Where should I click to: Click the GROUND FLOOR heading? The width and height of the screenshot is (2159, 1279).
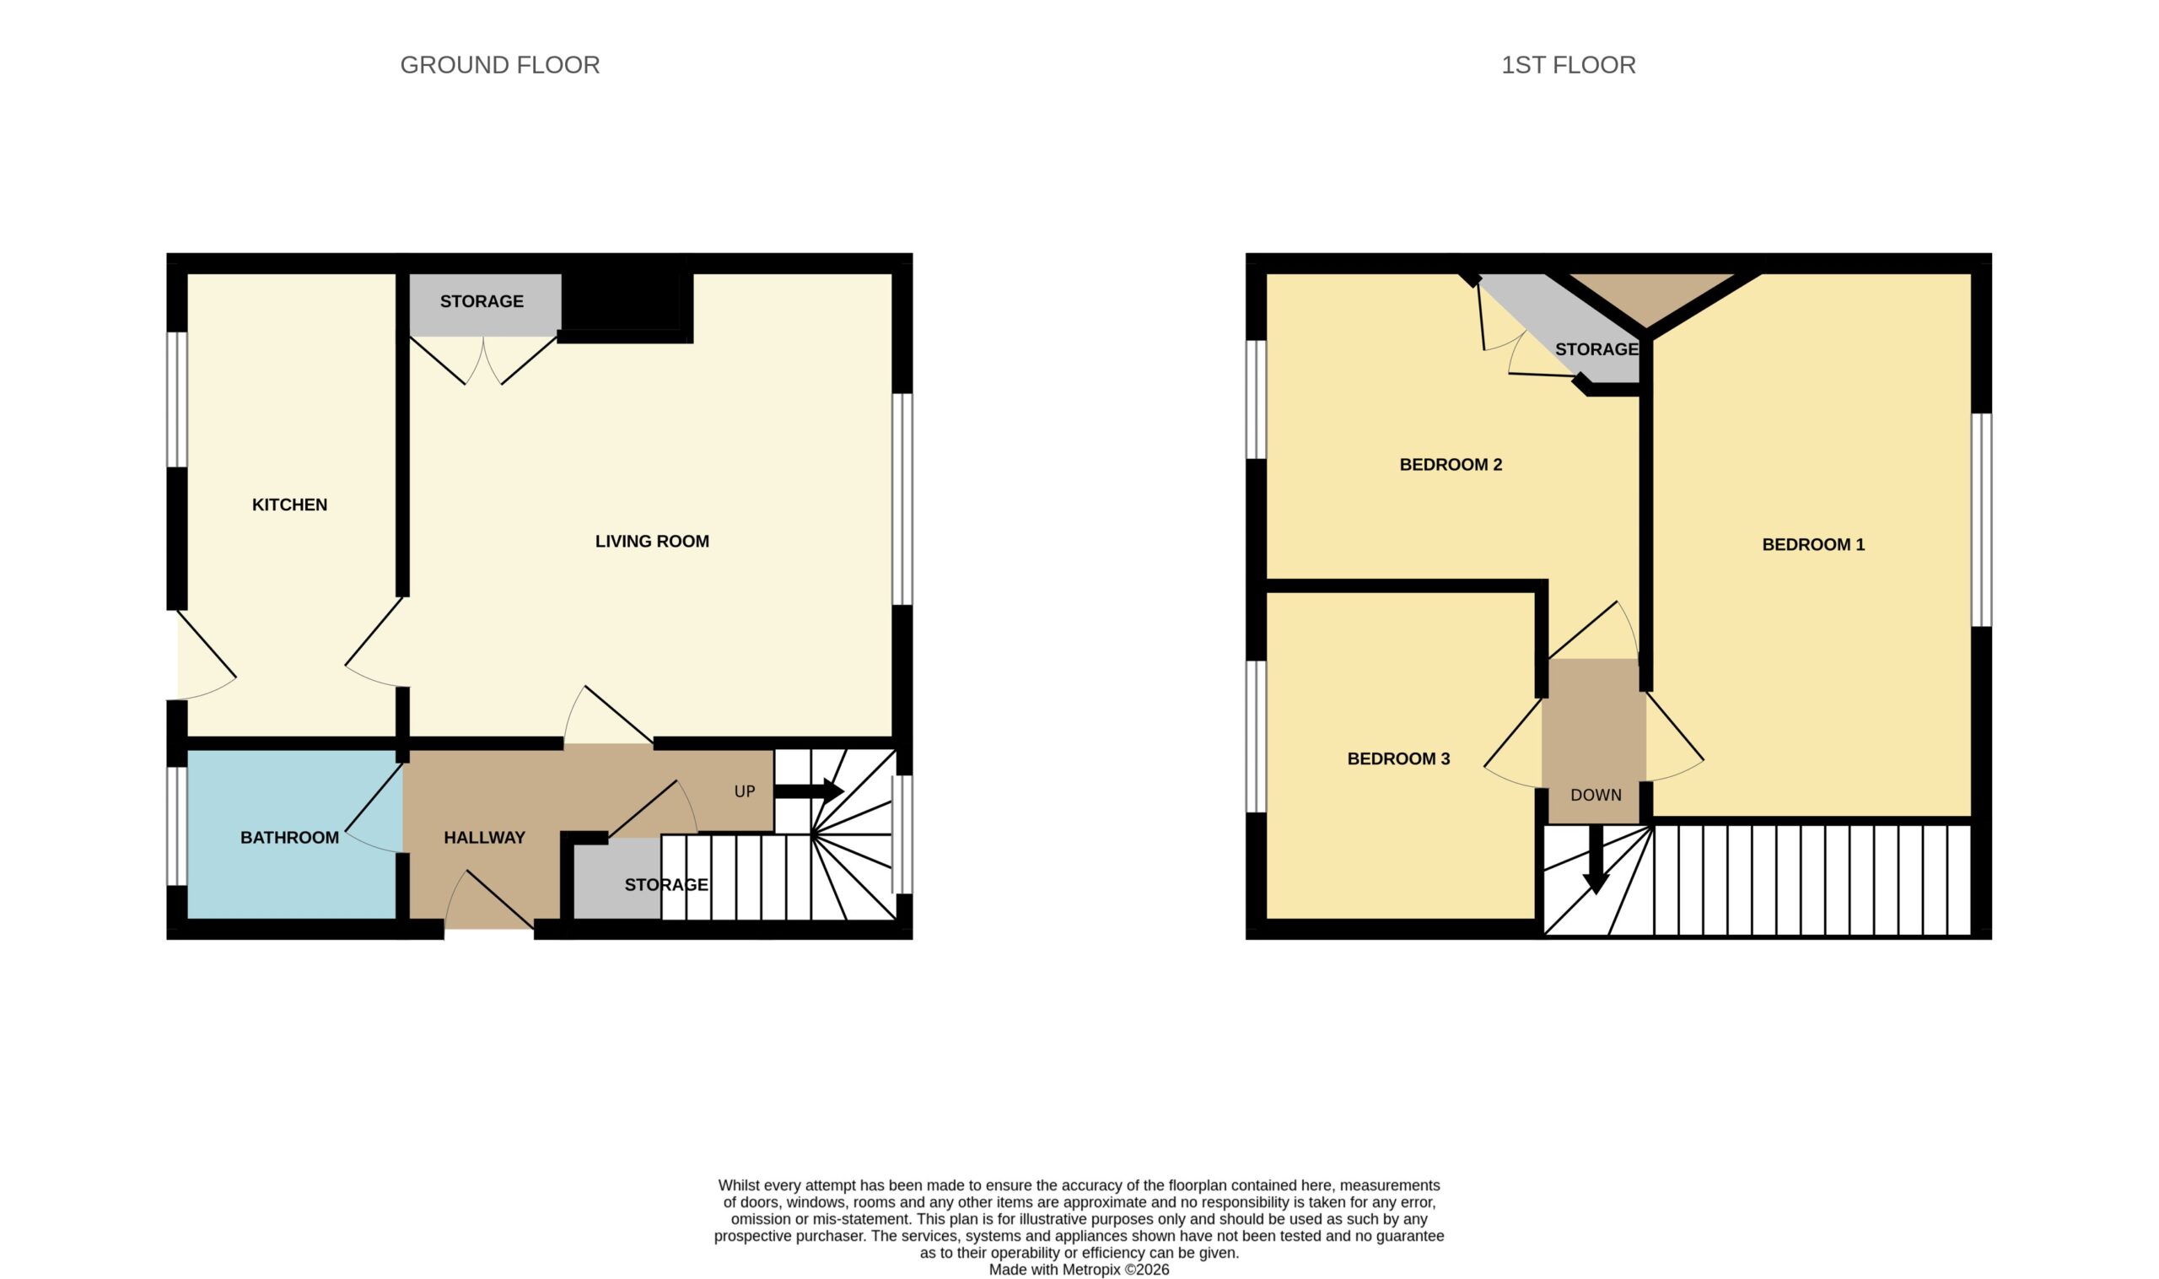499,65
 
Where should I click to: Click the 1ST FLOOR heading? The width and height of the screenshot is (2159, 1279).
1568,65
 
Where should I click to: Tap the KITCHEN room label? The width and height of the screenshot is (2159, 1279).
289,505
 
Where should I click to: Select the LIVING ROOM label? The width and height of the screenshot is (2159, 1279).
652,542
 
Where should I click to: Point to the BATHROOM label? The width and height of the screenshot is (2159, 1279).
289,838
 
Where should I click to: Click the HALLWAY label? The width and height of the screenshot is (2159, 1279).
484,838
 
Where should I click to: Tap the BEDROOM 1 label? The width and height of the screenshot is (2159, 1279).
1813,545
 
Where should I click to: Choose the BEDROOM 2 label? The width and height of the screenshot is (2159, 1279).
1451,466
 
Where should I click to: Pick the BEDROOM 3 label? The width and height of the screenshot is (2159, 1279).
1398,759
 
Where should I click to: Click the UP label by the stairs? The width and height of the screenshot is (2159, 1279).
745,792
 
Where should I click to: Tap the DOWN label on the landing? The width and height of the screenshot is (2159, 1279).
1596,796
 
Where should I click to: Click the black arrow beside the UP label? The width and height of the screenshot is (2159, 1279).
808,791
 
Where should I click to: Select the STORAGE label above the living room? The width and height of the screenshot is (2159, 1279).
482,302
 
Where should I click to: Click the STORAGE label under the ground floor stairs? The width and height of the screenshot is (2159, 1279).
666,885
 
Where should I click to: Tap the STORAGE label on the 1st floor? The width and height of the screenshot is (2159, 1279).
1596,350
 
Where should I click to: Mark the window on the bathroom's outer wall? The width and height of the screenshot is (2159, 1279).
176,827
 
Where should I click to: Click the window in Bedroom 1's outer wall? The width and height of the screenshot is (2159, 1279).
1982,520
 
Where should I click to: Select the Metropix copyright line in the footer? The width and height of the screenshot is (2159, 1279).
1079,1270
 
